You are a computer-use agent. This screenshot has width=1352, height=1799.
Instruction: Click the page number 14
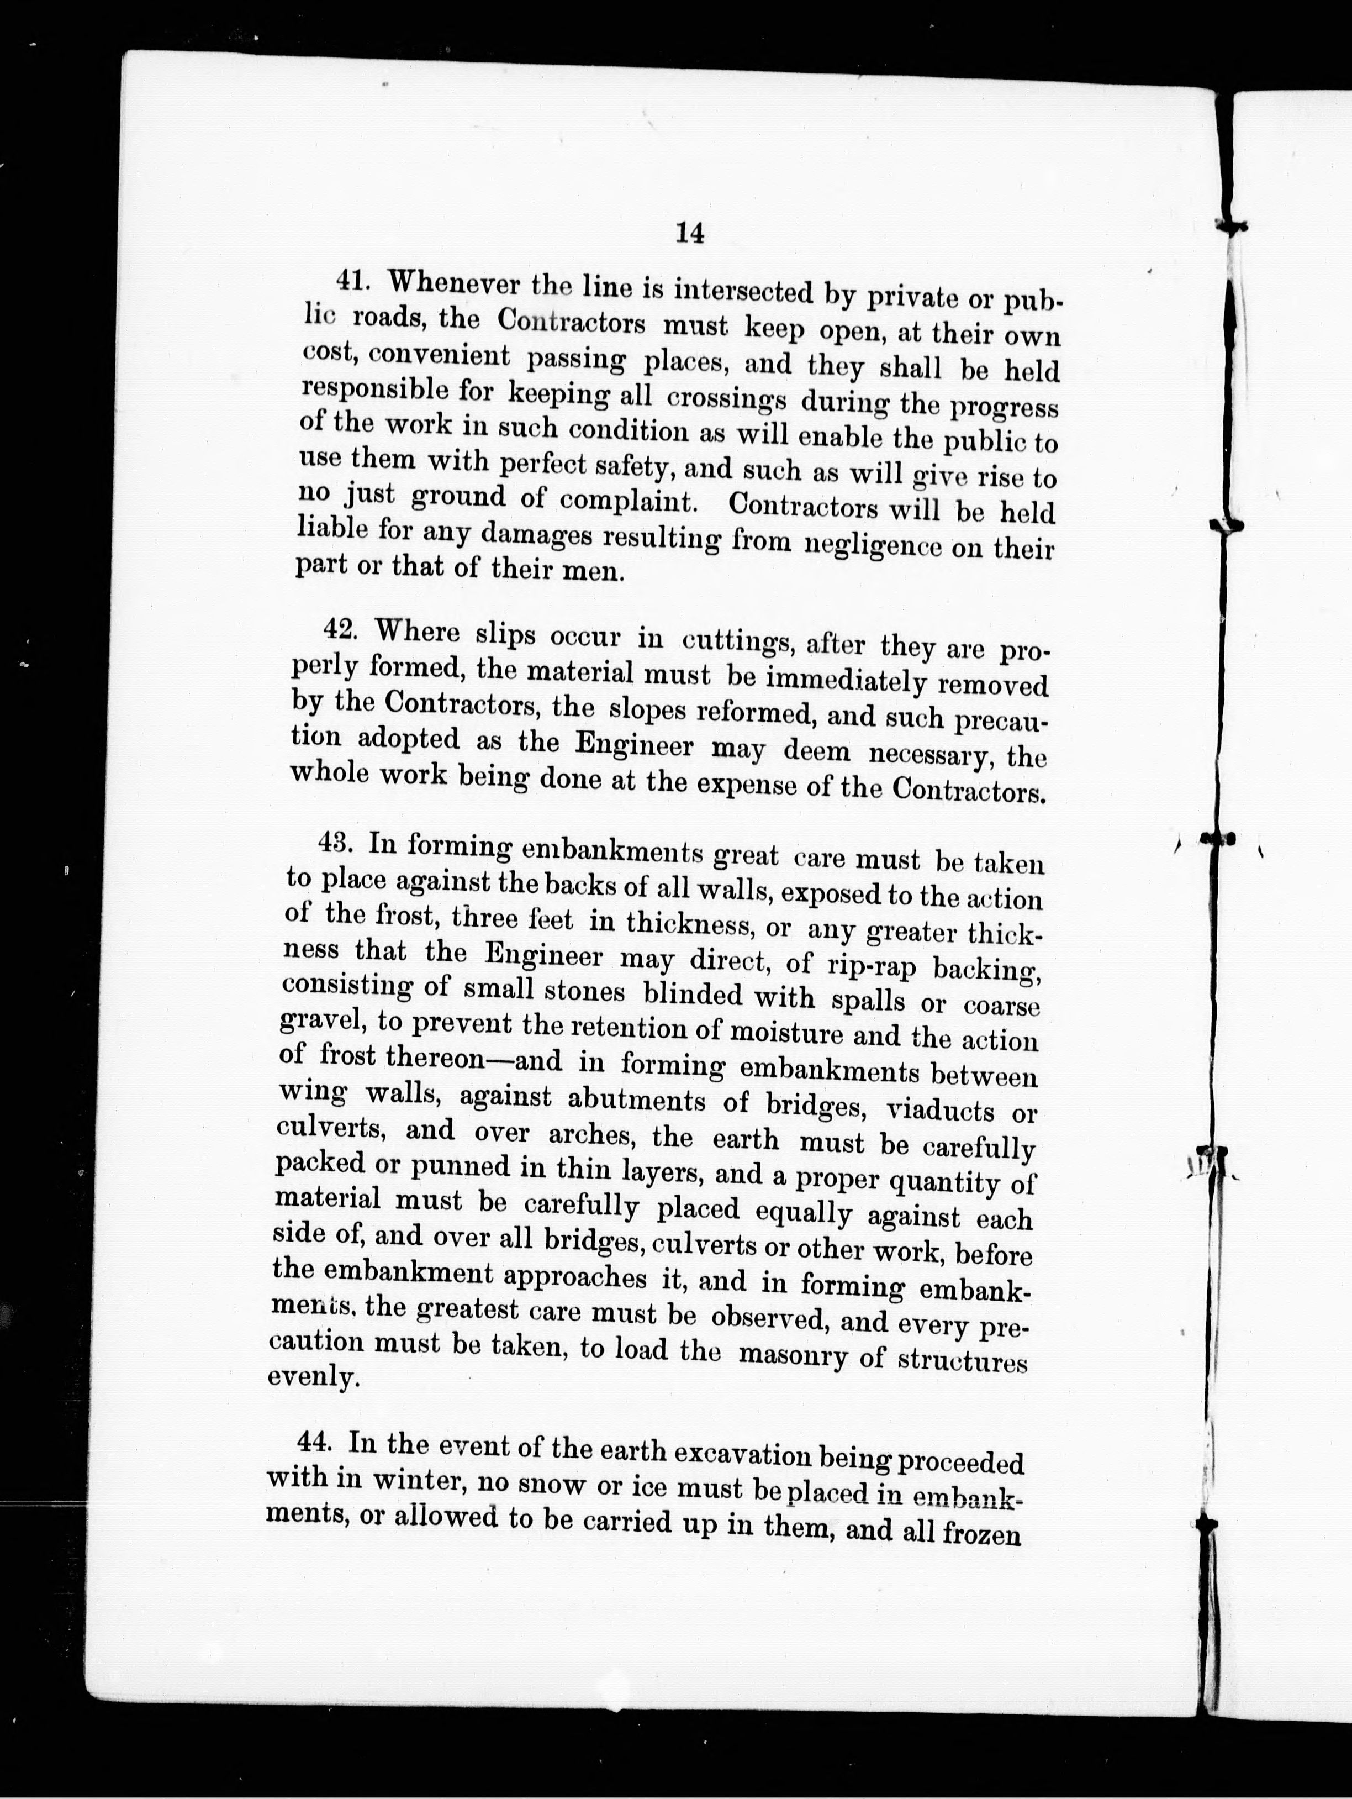(x=689, y=233)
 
